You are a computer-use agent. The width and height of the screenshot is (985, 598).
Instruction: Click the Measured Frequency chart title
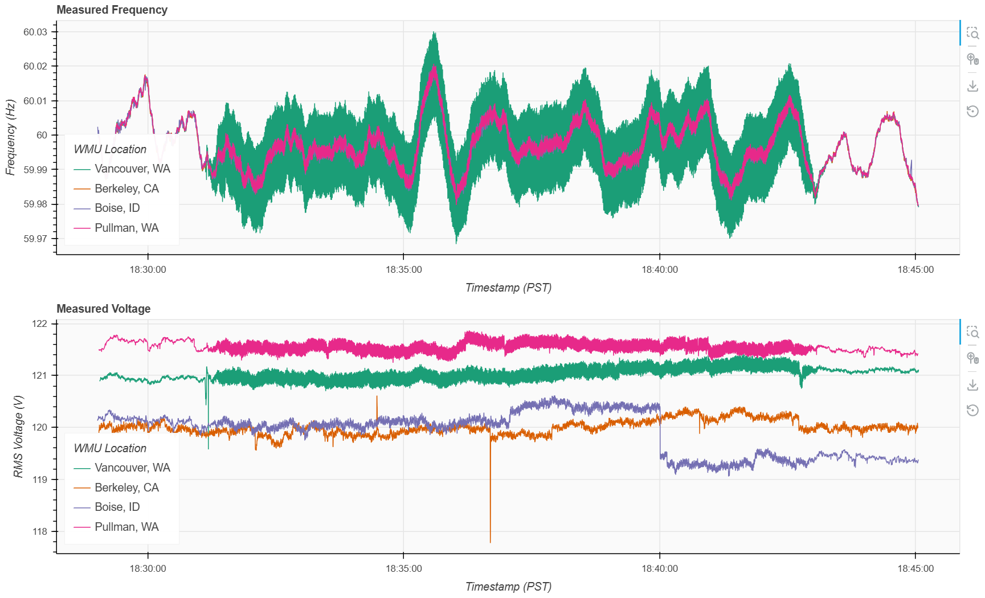[112, 10]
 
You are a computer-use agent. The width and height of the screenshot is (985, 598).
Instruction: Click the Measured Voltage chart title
[104, 309]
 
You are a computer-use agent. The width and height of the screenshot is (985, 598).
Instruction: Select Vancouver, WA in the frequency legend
[132, 169]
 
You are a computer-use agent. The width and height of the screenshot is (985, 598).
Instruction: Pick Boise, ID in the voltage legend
[117, 507]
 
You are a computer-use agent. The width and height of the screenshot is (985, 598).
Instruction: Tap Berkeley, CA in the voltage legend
[126, 488]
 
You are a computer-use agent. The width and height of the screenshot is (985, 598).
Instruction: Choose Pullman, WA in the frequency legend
[126, 228]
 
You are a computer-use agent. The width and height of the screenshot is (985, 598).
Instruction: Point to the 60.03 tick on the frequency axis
[35, 32]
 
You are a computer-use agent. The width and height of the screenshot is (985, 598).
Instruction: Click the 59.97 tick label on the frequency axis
[35, 239]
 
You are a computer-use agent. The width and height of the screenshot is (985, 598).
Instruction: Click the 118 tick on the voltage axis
[40, 531]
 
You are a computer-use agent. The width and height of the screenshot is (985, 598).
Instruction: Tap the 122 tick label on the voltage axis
[40, 323]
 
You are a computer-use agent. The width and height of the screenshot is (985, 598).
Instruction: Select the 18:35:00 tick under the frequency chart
[404, 269]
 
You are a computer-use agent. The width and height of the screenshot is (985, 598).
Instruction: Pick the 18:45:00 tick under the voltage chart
[915, 568]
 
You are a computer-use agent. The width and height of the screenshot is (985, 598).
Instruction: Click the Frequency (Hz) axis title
[10, 137]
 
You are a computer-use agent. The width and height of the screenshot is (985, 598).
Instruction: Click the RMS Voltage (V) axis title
[18, 436]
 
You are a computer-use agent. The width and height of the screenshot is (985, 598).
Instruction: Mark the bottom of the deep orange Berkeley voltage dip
[490, 542]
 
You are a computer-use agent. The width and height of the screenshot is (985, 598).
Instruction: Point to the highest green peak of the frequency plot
[435, 32]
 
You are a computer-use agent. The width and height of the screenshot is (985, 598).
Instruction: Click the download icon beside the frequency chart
[972, 85]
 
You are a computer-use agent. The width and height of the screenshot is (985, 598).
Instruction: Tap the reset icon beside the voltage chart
[972, 410]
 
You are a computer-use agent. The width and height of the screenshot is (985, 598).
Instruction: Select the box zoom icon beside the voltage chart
[972, 332]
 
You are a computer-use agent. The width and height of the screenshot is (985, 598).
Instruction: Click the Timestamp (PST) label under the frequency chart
[508, 288]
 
